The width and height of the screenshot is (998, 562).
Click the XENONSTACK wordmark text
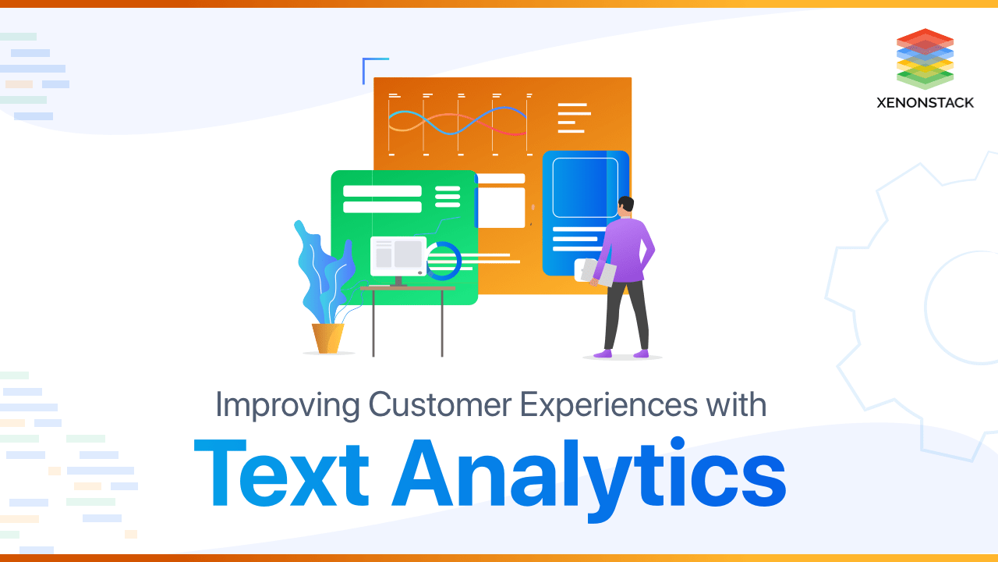click(x=925, y=102)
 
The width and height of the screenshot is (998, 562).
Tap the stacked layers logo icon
click(x=925, y=59)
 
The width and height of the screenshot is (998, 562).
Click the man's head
click(x=625, y=207)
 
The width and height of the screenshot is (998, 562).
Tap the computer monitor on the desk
click(x=398, y=256)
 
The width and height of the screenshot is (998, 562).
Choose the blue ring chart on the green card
click(x=444, y=261)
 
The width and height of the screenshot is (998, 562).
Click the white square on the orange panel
click(x=501, y=208)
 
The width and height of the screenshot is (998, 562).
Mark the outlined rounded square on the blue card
click(x=585, y=187)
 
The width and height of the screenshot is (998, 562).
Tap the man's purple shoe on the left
click(x=603, y=354)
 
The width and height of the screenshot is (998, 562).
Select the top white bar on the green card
click(x=382, y=191)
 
